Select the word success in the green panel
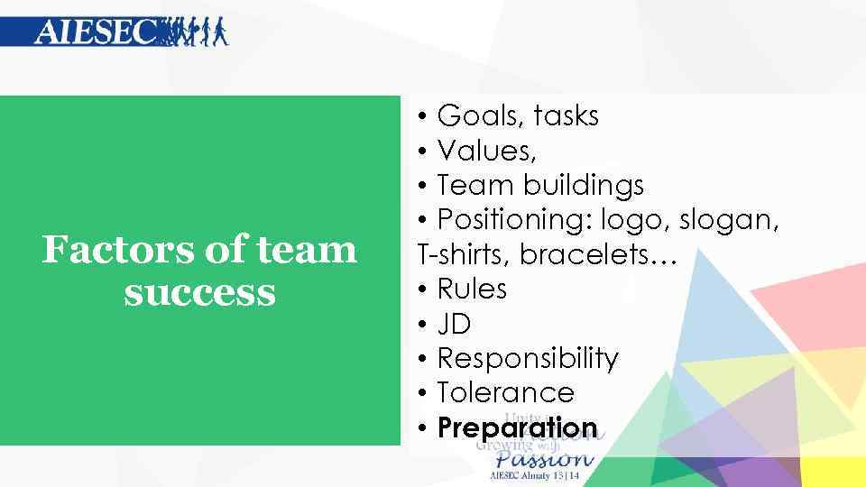point(199,292)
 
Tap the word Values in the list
point(479,151)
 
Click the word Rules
point(472,289)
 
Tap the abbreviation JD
point(454,324)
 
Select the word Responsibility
point(528,359)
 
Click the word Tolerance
point(505,393)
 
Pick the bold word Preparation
point(517,427)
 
